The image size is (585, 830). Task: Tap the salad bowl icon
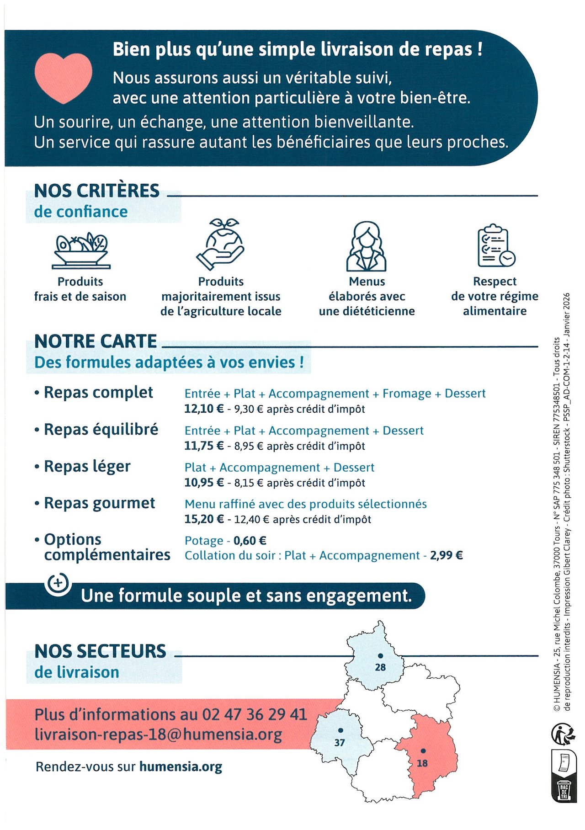pyautogui.click(x=81, y=250)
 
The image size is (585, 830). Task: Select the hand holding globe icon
pyautogui.click(x=220, y=245)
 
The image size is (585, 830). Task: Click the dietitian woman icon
pyautogui.click(x=366, y=247)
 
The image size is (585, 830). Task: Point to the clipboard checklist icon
pyautogui.click(x=495, y=246)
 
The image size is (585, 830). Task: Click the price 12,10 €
pyautogui.click(x=204, y=409)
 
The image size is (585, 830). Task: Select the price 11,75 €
pyautogui.click(x=204, y=446)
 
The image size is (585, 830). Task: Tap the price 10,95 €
pyautogui.click(x=204, y=483)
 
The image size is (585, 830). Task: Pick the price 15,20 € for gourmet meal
pyautogui.click(x=204, y=520)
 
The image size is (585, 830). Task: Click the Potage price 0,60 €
pyautogui.click(x=250, y=541)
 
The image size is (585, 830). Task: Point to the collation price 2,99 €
pyautogui.click(x=446, y=556)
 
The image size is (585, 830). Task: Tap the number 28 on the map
pyautogui.click(x=380, y=667)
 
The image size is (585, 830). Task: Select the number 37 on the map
pyautogui.click(x=340, y=743)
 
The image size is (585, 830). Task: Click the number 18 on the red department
pyautogui.click(x=422, y=763)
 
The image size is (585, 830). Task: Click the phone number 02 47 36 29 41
pyautogui.click(x=255, y=714)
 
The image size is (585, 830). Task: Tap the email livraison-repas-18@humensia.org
pyautogui.click(x=158, y=734)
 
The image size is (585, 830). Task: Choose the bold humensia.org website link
pyautogui.click(x=181, y=766)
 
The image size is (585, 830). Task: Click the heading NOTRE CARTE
pyautogui.click(x=96, y=341)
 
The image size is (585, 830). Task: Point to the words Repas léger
pyautogui.click(x=87, y=467)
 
